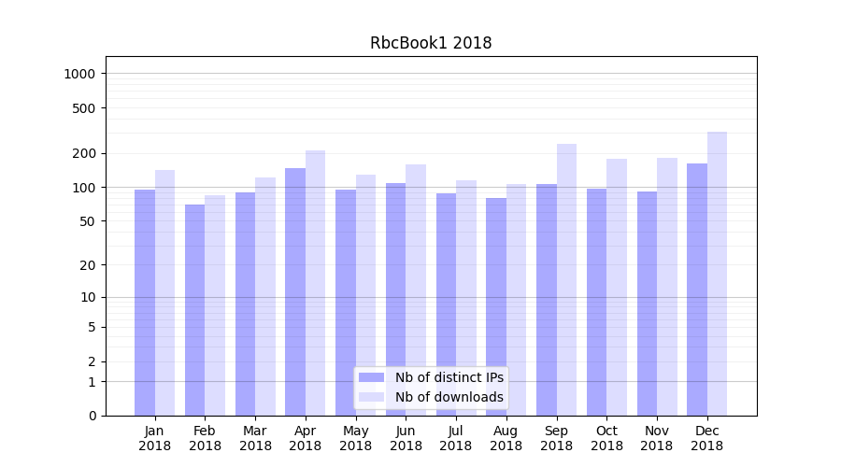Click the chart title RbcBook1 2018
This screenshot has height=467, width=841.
tap(431, 43)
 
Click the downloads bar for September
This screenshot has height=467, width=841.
tap(566, 279)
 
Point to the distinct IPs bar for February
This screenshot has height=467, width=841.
tap(194, 309)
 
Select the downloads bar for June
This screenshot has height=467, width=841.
tap(416, 290)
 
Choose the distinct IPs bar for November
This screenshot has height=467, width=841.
tap(647, 303)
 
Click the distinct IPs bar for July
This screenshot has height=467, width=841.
tap(446, 304)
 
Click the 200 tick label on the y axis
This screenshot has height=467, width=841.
tap(85, 153)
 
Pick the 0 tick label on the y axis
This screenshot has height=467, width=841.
tap(92, 416)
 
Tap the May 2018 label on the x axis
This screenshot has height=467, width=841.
tap(356, 438)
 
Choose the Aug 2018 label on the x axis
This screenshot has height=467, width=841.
tap(506, 438)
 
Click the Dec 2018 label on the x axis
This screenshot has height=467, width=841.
tap(706, 438)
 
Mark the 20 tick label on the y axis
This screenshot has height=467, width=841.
tap(89, 264)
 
